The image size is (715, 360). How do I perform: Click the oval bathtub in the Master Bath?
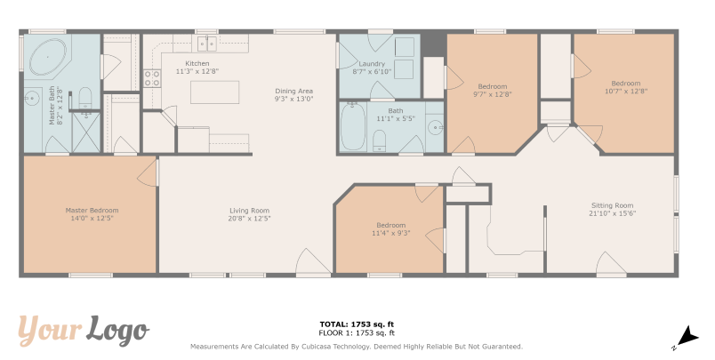coord(47,58)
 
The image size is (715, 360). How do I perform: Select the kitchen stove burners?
coord(152,78)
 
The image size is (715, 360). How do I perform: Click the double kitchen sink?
coord(207,44)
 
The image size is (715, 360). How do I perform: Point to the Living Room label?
coord(249,211)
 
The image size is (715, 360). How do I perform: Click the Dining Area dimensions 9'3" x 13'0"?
coord(293,99)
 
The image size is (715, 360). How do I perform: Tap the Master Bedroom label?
coord(92,211)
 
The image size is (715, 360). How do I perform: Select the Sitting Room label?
coord(612,205)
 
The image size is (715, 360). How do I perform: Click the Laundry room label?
coord(372,64)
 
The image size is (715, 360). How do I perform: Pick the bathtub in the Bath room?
coord(353,126)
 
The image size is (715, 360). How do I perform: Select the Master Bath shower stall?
coord(86,132)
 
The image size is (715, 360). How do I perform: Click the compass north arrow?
coord(688,336)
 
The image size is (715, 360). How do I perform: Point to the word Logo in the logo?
coord(118,329)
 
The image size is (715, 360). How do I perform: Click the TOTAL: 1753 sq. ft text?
coord(357,324)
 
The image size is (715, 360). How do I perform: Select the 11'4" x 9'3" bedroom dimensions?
coord(391,233)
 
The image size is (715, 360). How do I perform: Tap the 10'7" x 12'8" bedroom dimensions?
coord(626,91)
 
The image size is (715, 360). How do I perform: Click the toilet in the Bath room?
coord(380,140)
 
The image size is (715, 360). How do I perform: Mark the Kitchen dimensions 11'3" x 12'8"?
coord(197,71)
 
